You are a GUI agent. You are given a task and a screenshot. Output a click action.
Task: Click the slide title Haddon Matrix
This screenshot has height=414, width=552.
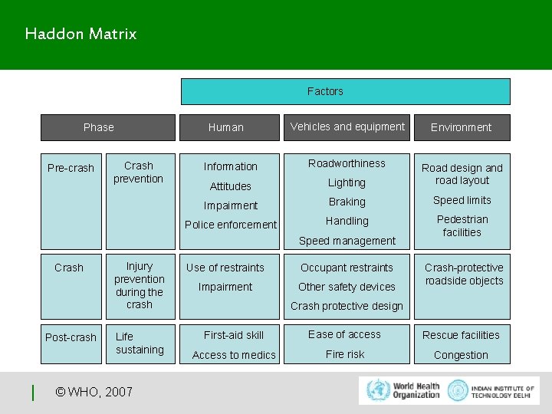tap(80, 34)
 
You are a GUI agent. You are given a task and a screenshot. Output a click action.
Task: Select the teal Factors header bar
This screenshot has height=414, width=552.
tap(345, 91)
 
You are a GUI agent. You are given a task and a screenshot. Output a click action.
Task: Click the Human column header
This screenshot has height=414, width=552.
tap(226, 127)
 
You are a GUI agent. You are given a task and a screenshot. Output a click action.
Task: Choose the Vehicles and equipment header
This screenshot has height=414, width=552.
tap(347, 127)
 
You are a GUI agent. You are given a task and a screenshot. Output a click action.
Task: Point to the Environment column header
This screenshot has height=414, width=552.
tap(461, 127)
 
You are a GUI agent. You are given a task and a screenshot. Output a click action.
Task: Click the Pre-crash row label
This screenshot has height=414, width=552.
tap(71, 168)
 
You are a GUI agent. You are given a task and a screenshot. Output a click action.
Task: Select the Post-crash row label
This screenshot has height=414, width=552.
tap(71, 337)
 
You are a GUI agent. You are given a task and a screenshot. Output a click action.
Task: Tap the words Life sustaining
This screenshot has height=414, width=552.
tap(140, 343)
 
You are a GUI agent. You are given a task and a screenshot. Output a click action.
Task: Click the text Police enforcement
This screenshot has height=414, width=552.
tap(230, 225)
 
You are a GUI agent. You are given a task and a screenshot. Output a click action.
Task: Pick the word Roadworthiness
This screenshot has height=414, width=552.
tap(347, 163)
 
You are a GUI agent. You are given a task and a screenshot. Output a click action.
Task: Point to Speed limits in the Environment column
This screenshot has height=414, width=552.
tap(462, 200)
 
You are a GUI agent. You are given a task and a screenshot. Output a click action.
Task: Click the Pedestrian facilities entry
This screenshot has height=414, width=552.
tap(462, 225)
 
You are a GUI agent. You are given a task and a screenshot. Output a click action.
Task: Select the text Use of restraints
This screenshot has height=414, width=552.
tap(225, 268)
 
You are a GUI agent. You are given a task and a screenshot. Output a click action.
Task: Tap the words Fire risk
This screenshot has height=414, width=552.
tap(345, 354)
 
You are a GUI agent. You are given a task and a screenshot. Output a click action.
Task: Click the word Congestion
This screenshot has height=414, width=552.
tap(461, 355)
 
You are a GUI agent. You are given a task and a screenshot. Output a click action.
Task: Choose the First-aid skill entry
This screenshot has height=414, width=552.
tap(233, 335)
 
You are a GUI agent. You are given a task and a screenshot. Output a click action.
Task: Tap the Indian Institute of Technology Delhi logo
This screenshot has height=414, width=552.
tap(491, 389)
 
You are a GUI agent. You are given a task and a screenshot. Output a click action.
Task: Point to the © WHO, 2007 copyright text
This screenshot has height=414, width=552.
tap(94, 393)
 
